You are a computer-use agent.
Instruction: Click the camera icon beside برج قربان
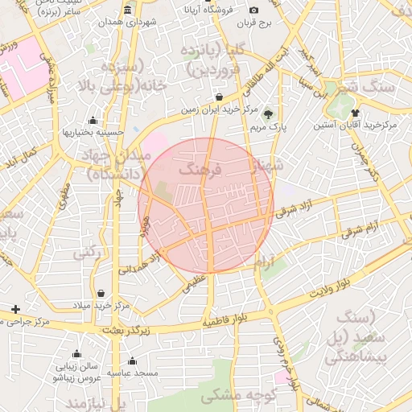tap(254, 10)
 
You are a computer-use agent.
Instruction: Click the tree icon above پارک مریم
tap(268, 113)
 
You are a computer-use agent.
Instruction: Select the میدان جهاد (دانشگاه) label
tap(113, 163)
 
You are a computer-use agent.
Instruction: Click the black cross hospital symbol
tap(15, 309)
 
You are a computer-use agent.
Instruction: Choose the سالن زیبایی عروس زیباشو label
tap(76, 371)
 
